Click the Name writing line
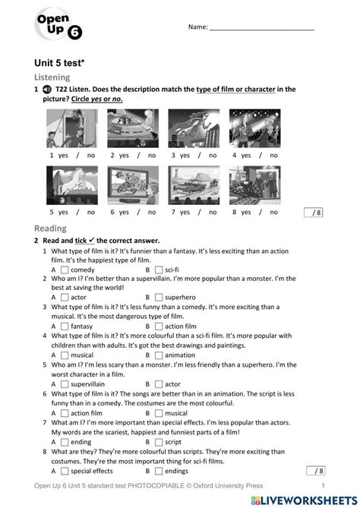[261, 29]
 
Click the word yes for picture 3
[181, 155]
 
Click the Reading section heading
[50, 228]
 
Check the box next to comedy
[65, 270]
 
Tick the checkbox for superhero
[158, 298]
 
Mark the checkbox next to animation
[158, 355]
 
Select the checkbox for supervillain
[65, 384]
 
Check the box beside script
[158, 441]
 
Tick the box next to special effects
[65, 470]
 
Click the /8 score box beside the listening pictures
[313, 213]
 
